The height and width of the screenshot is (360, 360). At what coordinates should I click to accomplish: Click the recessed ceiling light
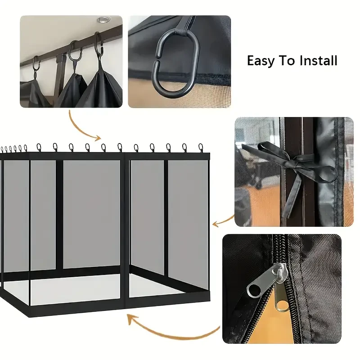[x=104, y=20]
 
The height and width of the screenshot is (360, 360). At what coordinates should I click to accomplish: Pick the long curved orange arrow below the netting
[x=170, y=331]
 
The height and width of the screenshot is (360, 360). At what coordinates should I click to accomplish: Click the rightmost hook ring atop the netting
[x=201, y=148]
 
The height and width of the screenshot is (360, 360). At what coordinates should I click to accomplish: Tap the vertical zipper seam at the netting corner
[x=125, y=229]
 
